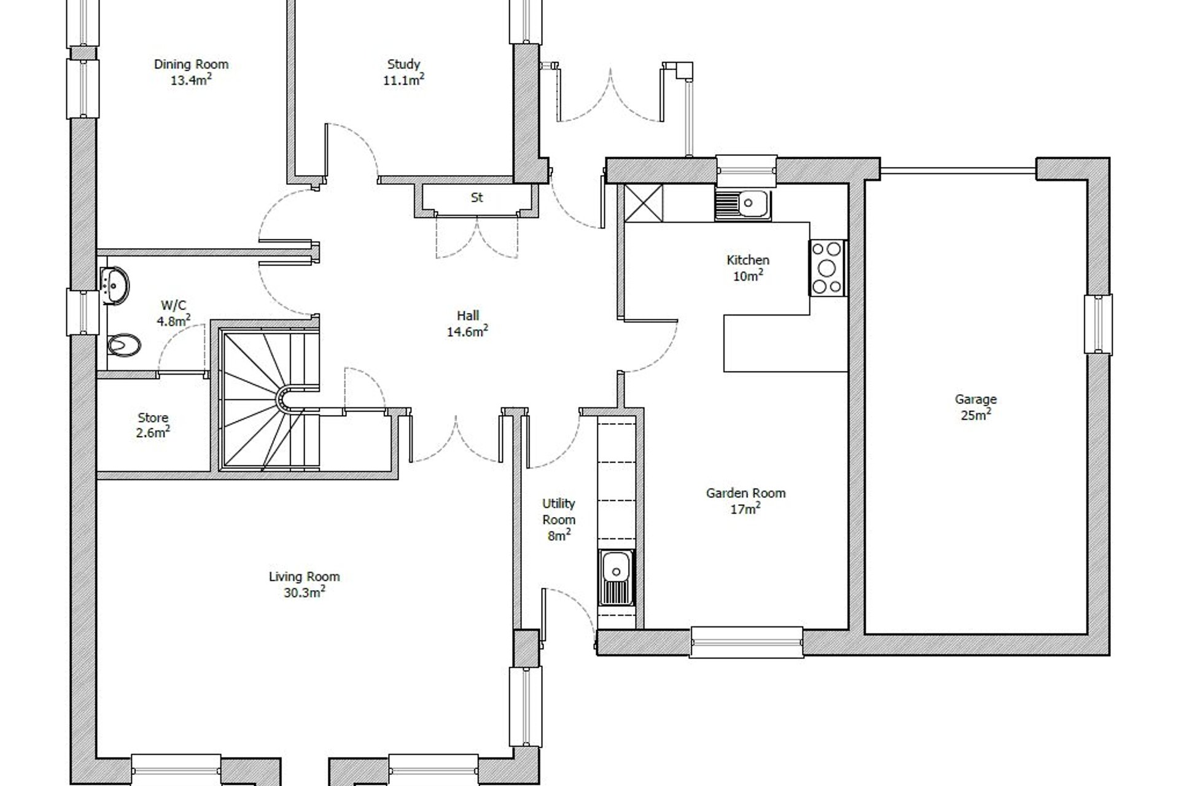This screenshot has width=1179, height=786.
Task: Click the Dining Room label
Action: click(x=191, y=64)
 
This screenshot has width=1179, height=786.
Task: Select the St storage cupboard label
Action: click(x=477, y=198)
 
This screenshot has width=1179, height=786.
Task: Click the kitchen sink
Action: click(x=743, y=204)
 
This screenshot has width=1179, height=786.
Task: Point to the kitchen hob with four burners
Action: click(x=827, y=268)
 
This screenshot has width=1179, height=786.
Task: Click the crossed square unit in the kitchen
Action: click(x=644, y=203)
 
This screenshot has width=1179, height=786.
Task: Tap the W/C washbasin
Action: click(x=114, y=285)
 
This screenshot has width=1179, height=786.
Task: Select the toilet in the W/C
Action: click(x=124, y=344)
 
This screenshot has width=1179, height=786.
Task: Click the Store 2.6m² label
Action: click(x=153, y=425)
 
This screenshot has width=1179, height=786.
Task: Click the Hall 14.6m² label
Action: click(x=468, y=324)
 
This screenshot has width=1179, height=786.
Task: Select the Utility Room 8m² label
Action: click(x=558, y=519)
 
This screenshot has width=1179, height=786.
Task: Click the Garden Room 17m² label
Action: click(x=745, y=500)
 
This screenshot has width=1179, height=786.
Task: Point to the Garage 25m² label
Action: click(x=975, y=407)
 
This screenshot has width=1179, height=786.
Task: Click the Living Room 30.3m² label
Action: click(x=304, y=584)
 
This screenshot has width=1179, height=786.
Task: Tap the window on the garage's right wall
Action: click(x=1098, y=324)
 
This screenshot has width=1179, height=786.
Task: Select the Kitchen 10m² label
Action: click(x=747, y=268)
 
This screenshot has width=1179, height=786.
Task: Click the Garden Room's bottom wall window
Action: click(x=746, y=642)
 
